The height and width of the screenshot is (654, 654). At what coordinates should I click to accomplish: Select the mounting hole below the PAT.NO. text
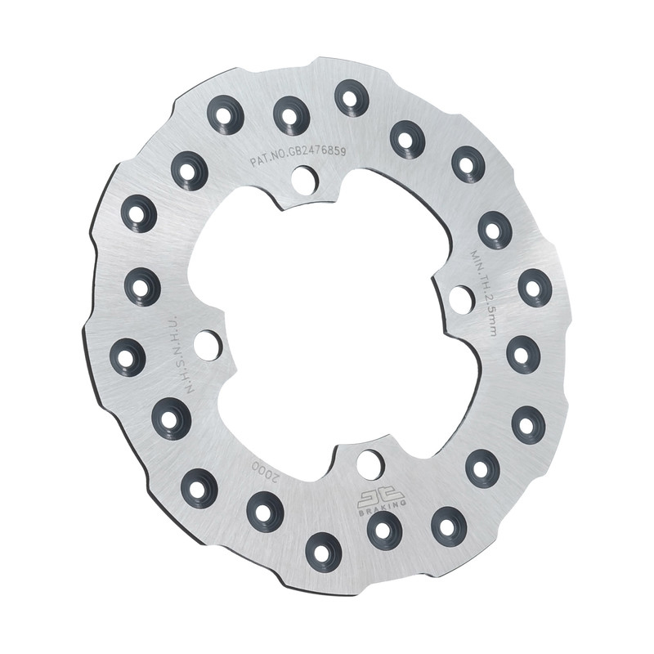304,179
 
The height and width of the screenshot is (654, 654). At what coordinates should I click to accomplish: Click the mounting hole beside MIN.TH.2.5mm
461,299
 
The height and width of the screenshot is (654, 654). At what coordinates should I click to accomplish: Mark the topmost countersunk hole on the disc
352,98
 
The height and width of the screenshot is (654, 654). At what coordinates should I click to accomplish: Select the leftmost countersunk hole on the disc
128,356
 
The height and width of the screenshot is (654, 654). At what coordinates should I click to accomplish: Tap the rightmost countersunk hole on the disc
535,288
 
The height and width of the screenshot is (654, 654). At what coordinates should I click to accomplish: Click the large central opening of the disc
335,327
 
